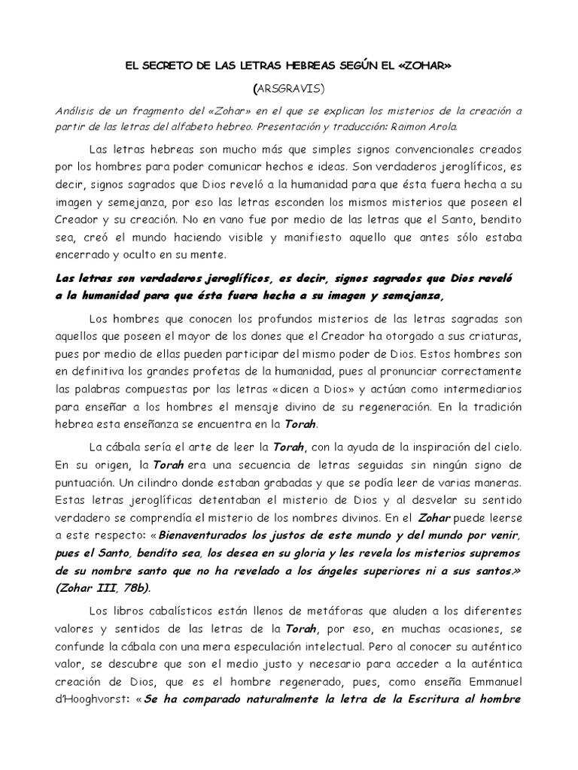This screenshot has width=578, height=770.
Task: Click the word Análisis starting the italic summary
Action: point(80,110)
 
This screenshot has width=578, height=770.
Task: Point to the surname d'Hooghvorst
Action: point(94,697)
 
